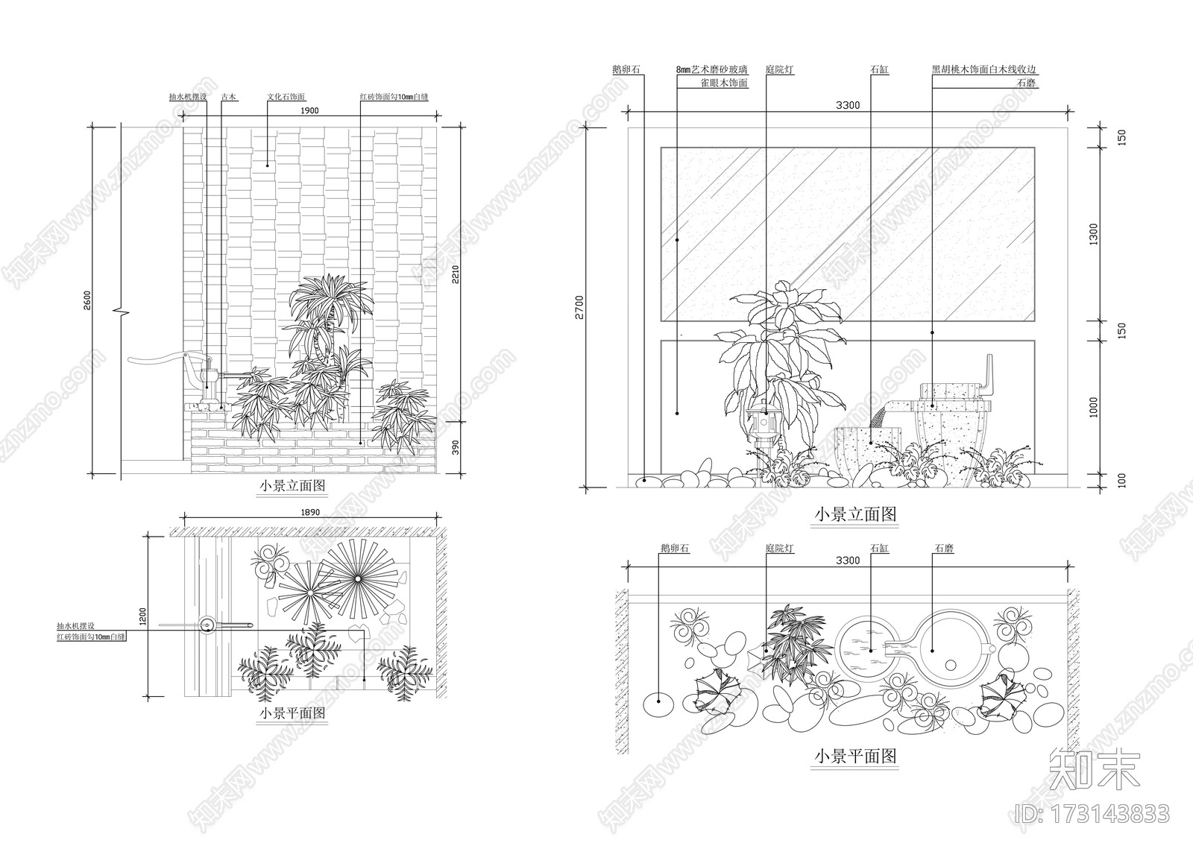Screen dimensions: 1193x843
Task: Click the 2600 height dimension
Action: coord(87,300)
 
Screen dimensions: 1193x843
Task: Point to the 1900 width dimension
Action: coord(309,111)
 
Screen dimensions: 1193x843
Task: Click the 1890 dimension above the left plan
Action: coord(309,512)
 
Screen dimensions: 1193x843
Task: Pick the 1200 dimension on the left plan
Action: coord(142,616)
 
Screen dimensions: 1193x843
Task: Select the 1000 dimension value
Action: coord(1094,407)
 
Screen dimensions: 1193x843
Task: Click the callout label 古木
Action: coord(229,97)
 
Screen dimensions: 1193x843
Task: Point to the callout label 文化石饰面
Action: coord(286,97)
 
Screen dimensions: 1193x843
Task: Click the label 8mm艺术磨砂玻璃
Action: coord(711,70)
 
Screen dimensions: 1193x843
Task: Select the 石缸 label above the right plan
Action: coord(879,549)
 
